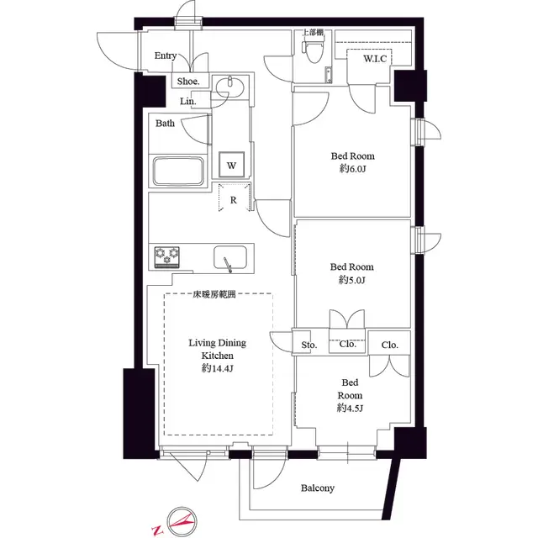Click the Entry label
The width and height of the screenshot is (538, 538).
click(x=166, y=56)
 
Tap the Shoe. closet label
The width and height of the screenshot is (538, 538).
click(x=187, y=82)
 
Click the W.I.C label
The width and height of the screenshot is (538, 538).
click(x=375, y=59)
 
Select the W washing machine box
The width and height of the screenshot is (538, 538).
click(x=230, y=165)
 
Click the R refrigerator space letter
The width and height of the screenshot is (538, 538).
click(x=232, y=201)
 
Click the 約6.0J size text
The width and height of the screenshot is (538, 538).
click(x=352, y=169)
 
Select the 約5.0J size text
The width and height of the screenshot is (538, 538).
click(x=352, y=279)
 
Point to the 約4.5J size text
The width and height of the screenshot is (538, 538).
click(x=350, y=408)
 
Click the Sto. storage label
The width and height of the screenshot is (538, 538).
click(x=309, y=345)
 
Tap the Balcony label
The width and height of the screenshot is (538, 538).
click(x=317, y=488)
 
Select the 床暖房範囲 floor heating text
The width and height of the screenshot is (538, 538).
click(x=217, y=294)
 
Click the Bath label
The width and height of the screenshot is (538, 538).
click(x=165, y=124)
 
